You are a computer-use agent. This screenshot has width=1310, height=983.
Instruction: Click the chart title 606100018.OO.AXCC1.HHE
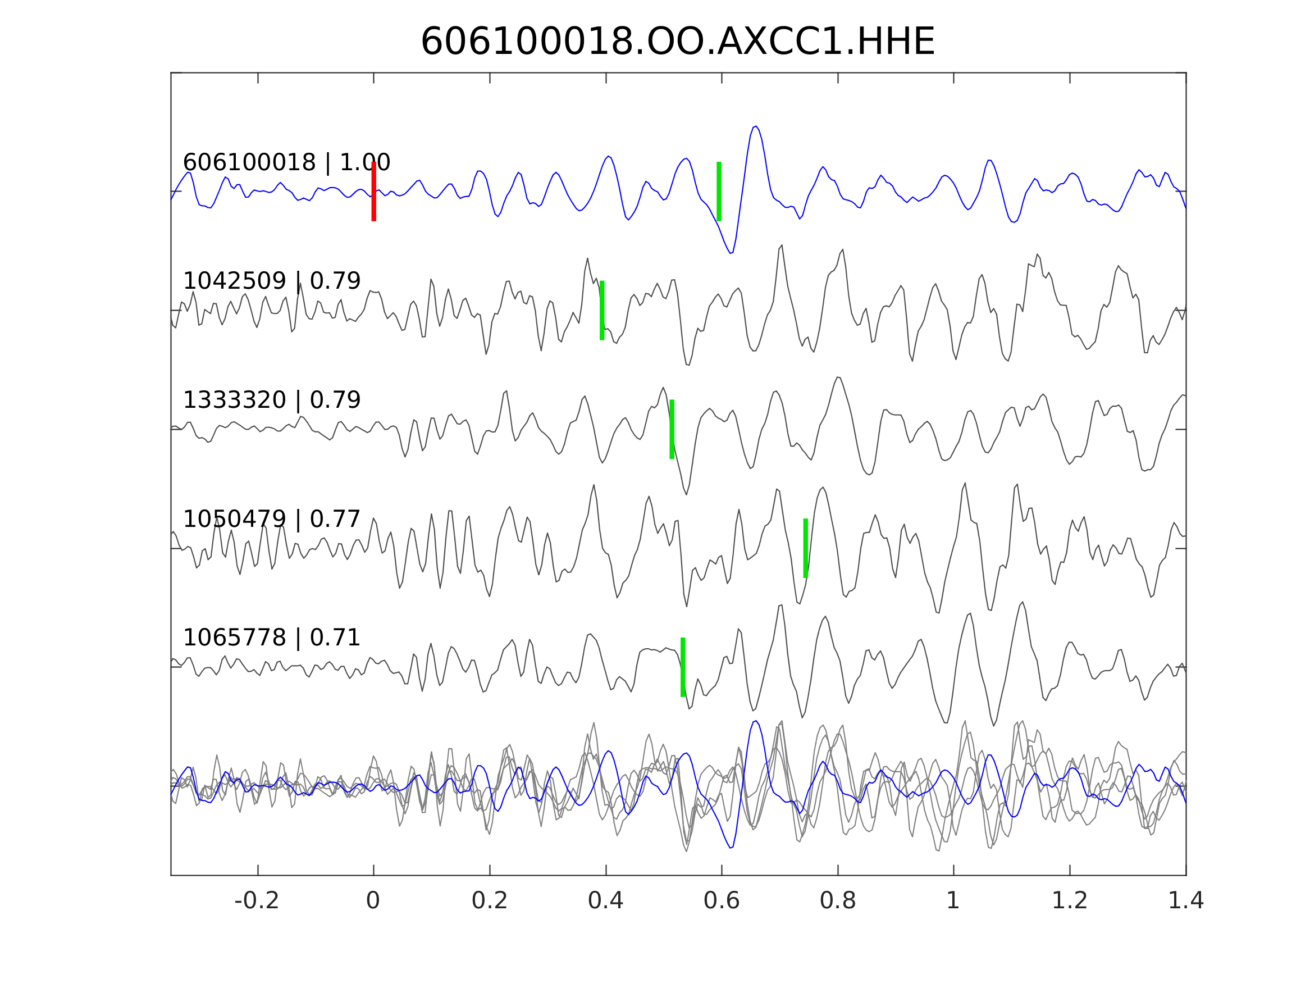click(678, 42)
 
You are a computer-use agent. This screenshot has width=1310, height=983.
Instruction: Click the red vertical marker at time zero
click(374, 192)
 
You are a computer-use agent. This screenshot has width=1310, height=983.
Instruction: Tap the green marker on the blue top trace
click(719, 192)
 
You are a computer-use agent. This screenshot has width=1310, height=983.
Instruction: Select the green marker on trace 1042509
click(602, 311)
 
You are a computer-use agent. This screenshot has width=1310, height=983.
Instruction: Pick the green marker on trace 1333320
click(672, 429)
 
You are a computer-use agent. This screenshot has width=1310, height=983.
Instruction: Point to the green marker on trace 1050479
click(805, 548)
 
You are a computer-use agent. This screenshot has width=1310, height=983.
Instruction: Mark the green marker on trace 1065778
click(683, 667)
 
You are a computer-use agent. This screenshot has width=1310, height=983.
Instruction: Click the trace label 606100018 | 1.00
click(286, 162)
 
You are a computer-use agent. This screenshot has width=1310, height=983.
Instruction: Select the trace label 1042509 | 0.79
click(271, 281)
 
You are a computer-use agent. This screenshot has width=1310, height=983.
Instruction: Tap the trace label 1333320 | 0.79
click(271, 400)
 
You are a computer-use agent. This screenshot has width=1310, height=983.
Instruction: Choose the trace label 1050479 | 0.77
click(271, 519)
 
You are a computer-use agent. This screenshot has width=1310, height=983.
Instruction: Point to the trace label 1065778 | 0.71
click(271, 638)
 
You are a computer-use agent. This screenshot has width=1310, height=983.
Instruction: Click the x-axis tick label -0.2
click(257, 901)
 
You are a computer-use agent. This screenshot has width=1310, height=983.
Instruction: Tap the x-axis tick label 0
click(373, 901)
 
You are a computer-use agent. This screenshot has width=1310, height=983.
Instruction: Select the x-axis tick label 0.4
click(605, 901)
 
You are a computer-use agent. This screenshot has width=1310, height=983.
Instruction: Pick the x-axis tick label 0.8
click(837, 901)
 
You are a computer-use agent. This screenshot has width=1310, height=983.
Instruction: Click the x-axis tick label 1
click(953, 901)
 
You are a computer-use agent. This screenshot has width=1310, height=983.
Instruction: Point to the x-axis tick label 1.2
click(1070, 901)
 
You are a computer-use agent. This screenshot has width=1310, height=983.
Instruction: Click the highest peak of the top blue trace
click(755, 126)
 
